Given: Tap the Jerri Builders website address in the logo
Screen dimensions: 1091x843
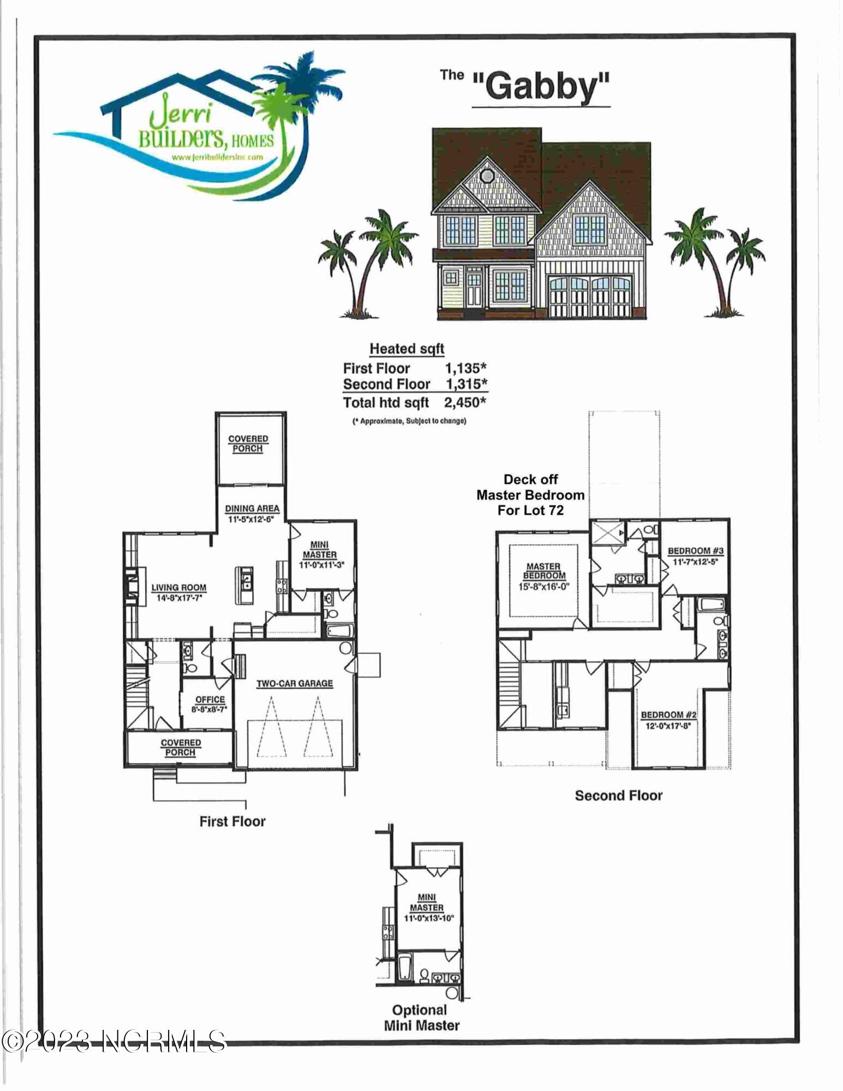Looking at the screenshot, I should coord(217,157).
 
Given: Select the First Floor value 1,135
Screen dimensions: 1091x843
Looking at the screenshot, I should coord(465,368).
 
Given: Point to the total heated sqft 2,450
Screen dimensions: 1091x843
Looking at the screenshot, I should coord(465,403).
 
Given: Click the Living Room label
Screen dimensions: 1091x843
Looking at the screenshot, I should coord(179,588).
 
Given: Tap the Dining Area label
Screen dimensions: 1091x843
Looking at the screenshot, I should coord(252,509).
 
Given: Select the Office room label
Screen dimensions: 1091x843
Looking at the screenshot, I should coord(210,700).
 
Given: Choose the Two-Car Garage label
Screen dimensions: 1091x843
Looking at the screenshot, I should coord(295,683).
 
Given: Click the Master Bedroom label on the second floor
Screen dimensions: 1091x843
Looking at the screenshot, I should coord(543,571).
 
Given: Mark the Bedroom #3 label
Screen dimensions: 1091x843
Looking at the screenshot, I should coord(696,551).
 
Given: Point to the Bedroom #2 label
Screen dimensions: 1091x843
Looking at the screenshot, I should coord(668,715).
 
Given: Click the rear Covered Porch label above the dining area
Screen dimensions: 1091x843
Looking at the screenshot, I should coord(248,444).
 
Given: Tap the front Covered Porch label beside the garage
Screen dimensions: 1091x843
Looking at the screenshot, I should coord(181,747).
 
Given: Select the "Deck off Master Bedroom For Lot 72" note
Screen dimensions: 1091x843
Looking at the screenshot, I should coord(530,495).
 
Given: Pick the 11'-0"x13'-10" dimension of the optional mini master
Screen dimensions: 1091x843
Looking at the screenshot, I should coord(429,919).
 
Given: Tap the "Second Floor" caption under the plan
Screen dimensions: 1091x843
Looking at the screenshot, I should coord(618,796).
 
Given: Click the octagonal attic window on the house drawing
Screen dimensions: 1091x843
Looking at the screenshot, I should coord(485,175).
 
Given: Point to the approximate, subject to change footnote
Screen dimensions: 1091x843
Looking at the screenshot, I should coord(409,421).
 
